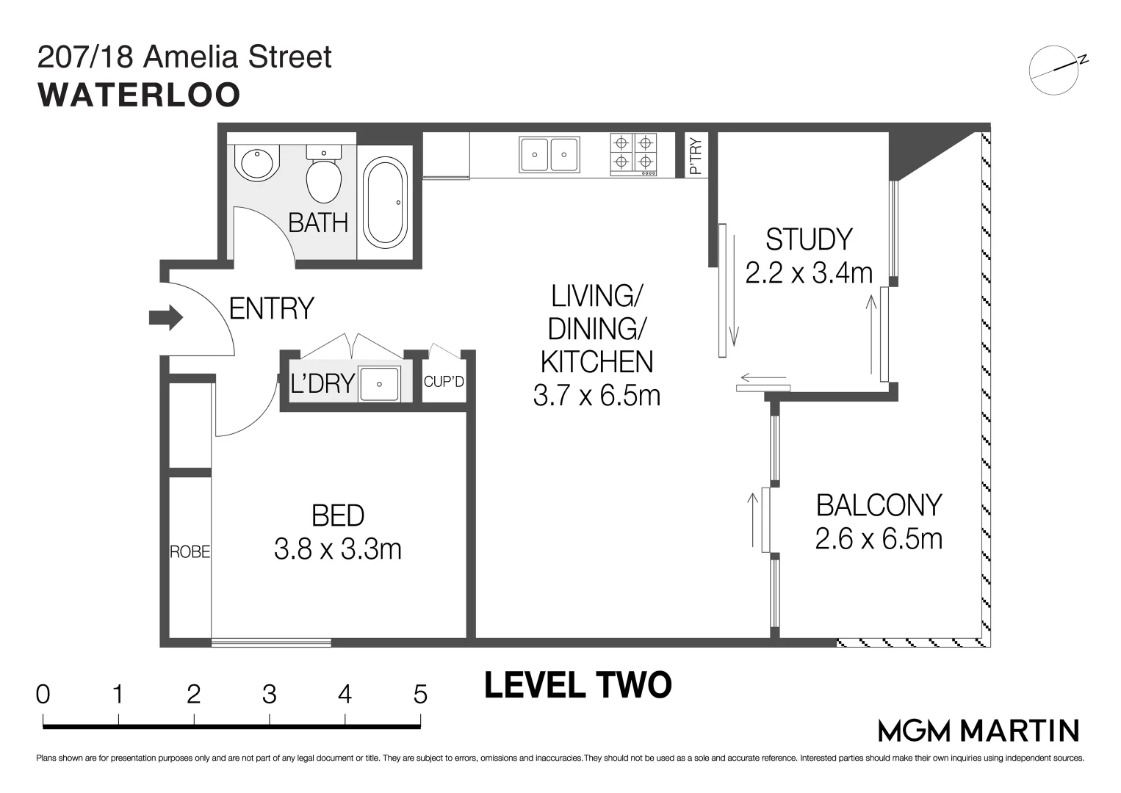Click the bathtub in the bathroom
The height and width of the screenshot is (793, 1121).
pos(385,202)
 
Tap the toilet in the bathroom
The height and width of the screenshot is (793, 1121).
pos(323,175)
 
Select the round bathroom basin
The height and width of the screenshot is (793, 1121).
pos(258,162)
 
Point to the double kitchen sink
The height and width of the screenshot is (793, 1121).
pos(549,154)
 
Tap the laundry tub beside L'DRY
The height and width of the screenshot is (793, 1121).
pos(380,384)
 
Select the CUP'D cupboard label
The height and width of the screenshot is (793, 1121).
pos(444,382)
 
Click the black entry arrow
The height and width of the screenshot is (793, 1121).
pos(165,318)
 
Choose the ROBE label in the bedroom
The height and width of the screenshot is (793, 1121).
pos(190,551)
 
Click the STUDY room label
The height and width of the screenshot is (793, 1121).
pos(809,239)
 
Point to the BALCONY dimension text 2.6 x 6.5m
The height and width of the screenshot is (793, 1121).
pos(879,539)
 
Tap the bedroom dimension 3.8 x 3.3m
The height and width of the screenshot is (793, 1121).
pos(338,548)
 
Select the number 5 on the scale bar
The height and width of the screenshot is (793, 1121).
pos(420,694)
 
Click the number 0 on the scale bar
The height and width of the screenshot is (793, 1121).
pos(43,694)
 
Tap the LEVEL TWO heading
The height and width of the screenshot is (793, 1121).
pos(578,685)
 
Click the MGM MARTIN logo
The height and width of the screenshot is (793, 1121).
pos(978,731)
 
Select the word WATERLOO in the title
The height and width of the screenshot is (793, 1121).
pos(139,95)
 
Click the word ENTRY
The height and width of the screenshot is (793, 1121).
pos(271,308)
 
